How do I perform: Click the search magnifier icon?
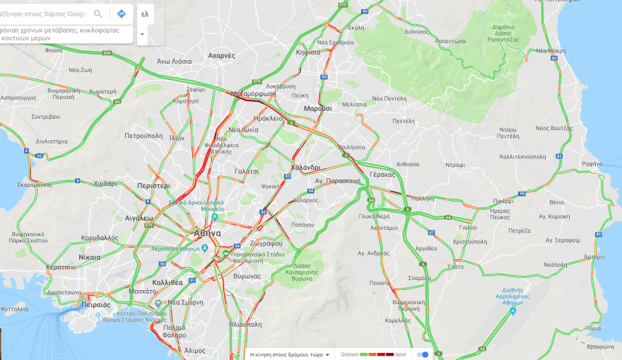tap(98, 14)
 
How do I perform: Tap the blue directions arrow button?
tap(121, 14)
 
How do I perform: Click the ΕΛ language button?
tap(145, 14)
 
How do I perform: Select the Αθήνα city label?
tap(207, 233)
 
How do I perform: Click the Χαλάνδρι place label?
tap(305, 168)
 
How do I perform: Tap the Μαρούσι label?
tap(317, 108)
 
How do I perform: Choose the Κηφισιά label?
tap(308, 52)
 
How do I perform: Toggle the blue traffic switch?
tap(423, 354)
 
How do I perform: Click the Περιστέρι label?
tap(153, 185)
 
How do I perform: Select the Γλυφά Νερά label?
tap(375, 216)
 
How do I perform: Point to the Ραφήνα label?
tap(592, 163)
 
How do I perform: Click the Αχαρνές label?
tap(221, 55)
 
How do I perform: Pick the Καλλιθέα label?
tap(168, 282)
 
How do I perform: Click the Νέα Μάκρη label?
tap(551, 51)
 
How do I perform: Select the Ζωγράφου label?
tap(266, 243)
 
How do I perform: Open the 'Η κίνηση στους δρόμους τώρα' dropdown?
tap(291, 354)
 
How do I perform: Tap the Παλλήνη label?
tap(422, 199)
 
